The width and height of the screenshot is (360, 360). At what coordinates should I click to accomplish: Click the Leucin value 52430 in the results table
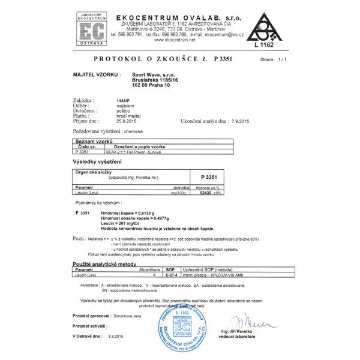[x=208, y=193]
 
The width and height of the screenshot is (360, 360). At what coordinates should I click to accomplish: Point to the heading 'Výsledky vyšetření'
[x=98, y=163]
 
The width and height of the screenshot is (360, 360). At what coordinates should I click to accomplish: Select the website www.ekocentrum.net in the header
[x=175, y=40]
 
